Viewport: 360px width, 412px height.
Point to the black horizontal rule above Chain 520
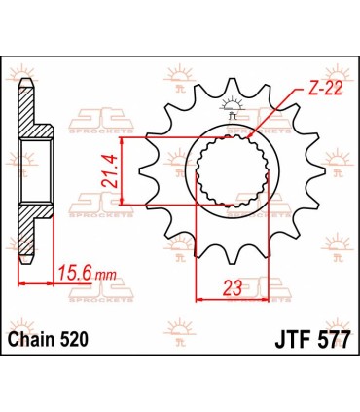[180, 323]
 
